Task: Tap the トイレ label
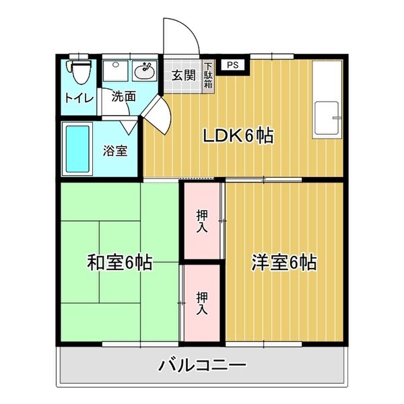tap(79, 97)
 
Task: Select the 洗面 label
tap(124, 96)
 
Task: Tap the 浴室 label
tap(115, 150)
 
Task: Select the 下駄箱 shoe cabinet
tap(209, 77)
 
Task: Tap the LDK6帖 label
tap(238, 136)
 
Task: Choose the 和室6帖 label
tap(120, 262)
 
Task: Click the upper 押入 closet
tap(203, 220)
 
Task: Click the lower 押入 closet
tap(203, 302)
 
